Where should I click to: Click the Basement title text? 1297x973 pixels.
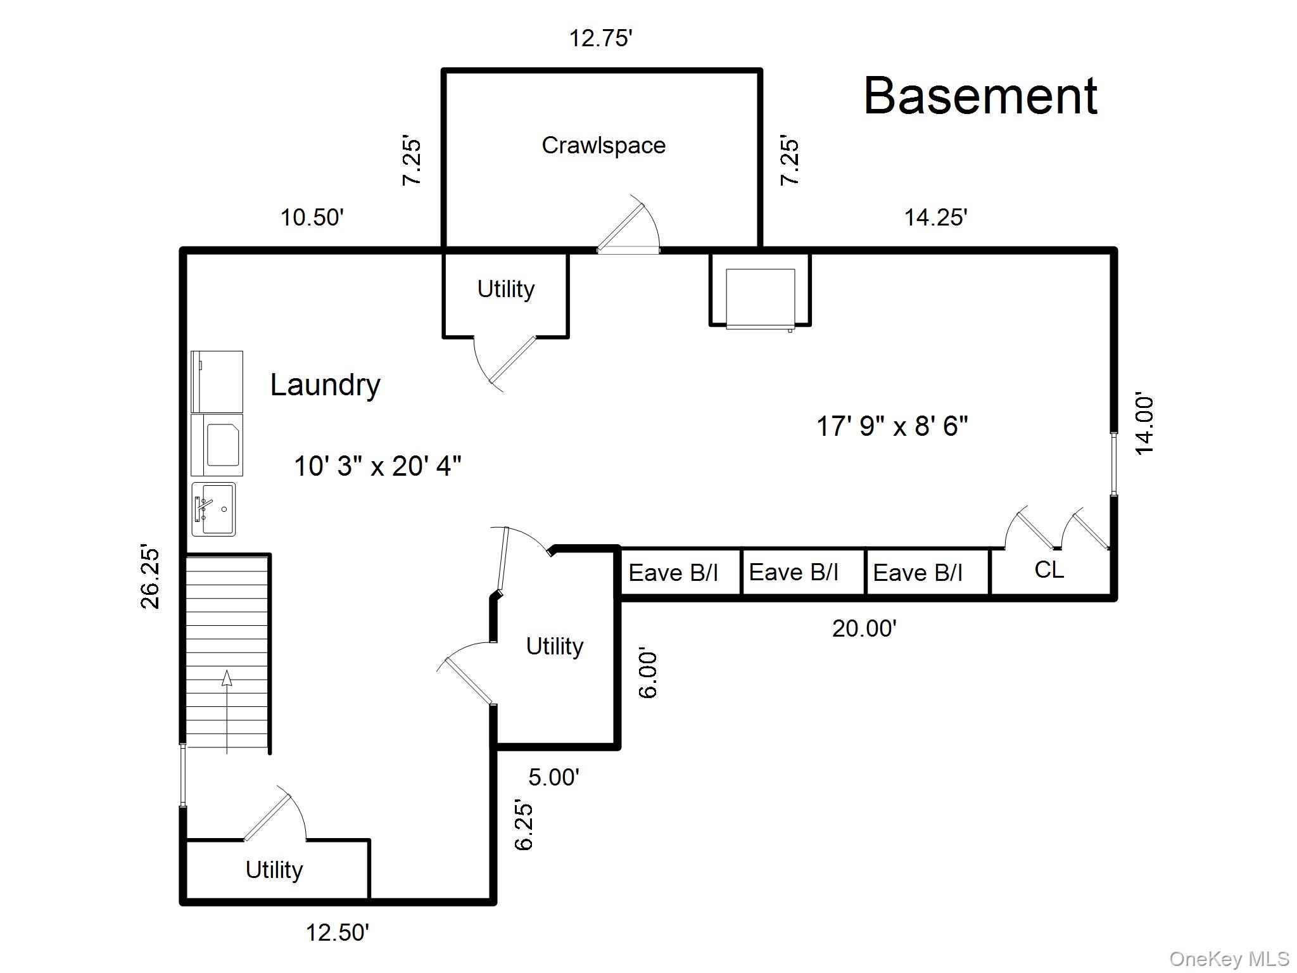980,96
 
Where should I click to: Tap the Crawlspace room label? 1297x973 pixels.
603,146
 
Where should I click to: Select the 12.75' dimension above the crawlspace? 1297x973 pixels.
600,39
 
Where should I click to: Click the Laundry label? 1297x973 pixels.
325,385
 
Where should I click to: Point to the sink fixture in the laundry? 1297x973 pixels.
213,509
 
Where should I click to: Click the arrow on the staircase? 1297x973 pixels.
227,679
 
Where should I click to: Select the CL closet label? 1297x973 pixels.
1049,569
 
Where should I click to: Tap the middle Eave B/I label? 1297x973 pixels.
794,573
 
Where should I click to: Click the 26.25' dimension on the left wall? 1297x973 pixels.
150,576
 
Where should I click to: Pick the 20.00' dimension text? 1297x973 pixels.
864,628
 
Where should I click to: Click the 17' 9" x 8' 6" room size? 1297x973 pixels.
892,426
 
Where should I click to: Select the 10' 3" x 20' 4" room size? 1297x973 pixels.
377,466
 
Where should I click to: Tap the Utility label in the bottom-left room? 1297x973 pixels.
274,870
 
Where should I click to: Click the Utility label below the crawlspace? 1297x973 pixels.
505,289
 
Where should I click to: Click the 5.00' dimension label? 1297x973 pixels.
554,777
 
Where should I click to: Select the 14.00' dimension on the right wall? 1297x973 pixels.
1144,424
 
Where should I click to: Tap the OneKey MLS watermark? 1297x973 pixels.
1229,959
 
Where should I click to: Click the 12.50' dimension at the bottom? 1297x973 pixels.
337,932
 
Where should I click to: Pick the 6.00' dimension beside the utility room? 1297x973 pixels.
648,673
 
